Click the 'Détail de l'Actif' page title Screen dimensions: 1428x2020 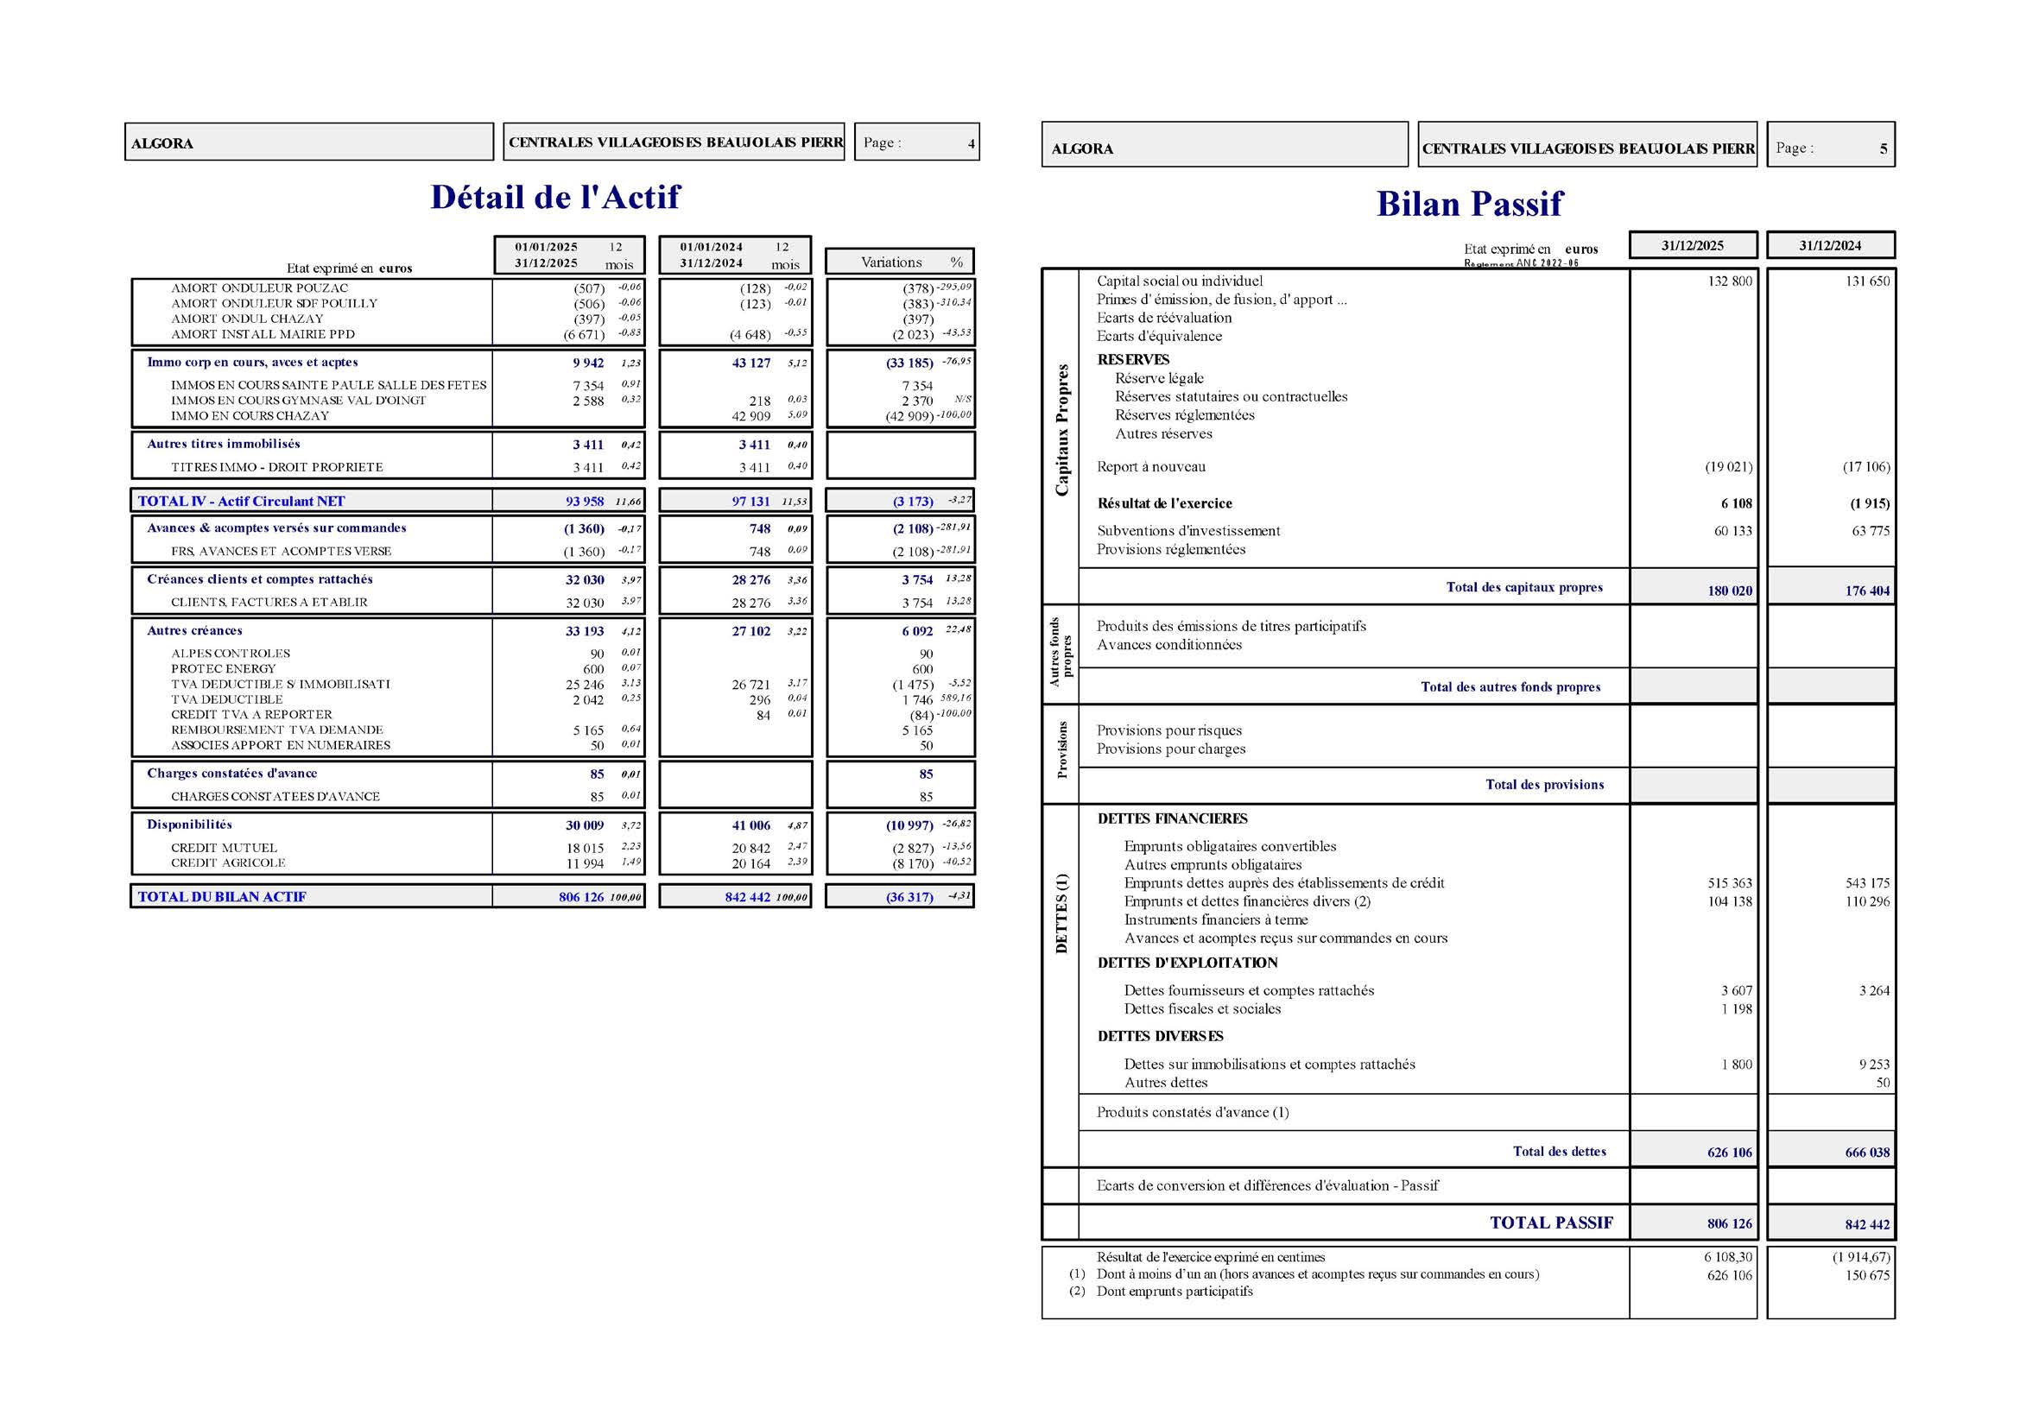[554, 197]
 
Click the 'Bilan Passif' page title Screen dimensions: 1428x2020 [1468, 204]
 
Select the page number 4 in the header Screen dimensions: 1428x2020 [971, 143]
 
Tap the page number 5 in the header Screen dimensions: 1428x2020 [1883, 148]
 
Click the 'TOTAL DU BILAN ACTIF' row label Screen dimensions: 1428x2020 [222, 897]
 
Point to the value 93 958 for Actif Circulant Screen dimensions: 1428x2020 [584, 502]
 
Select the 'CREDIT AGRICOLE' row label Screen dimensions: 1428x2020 [228, 862]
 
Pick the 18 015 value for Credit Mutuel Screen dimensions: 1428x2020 [584, 848]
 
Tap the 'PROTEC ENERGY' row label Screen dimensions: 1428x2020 [224, 668]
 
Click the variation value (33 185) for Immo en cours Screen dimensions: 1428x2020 [909, 363]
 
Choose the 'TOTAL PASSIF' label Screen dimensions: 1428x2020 [1550, 1223]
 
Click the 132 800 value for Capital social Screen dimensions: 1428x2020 [1730, 281]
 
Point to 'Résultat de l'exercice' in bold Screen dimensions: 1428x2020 [1164, 503]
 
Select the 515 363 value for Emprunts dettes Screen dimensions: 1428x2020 [1730, 883]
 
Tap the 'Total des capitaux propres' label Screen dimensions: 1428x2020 [1523, 587]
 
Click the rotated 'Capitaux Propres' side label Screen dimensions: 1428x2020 [1062, 430]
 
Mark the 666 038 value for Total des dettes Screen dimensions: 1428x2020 [1867, 1152]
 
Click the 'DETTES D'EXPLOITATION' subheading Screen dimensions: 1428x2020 [1187, 963]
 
